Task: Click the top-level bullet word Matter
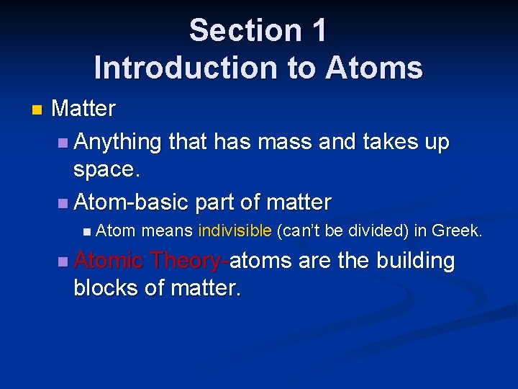coord(83,109)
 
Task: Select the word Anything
coord(117,143)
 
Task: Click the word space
coord(106,171)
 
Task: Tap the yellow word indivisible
coord(235,231)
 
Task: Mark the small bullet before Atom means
coord(87,232)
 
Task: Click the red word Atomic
coord(109,260)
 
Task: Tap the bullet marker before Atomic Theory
coord(63,261)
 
